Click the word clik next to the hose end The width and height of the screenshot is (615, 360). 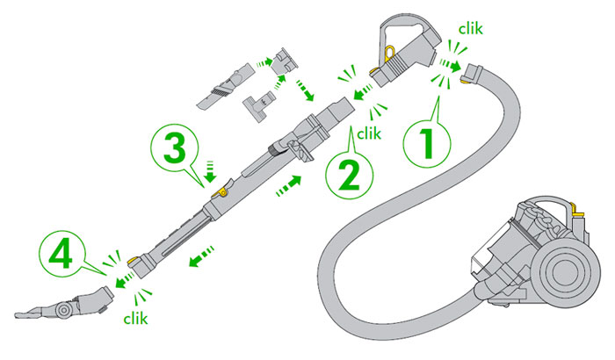pyautogui.click(x=471, y=29)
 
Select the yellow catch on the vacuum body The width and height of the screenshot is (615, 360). pyautogui.click(x=575, y=210)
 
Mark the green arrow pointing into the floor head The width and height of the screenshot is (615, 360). pyautogui.click(x=121, y=282)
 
